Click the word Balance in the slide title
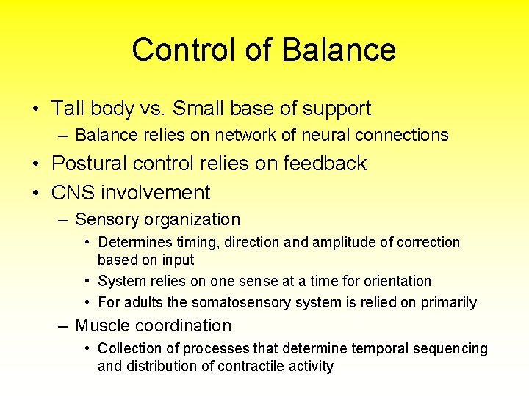coord(339,50)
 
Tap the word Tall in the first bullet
coord(67,109)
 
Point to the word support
coord(339,109)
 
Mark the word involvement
coord(156,193)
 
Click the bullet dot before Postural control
coord(35,164)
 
